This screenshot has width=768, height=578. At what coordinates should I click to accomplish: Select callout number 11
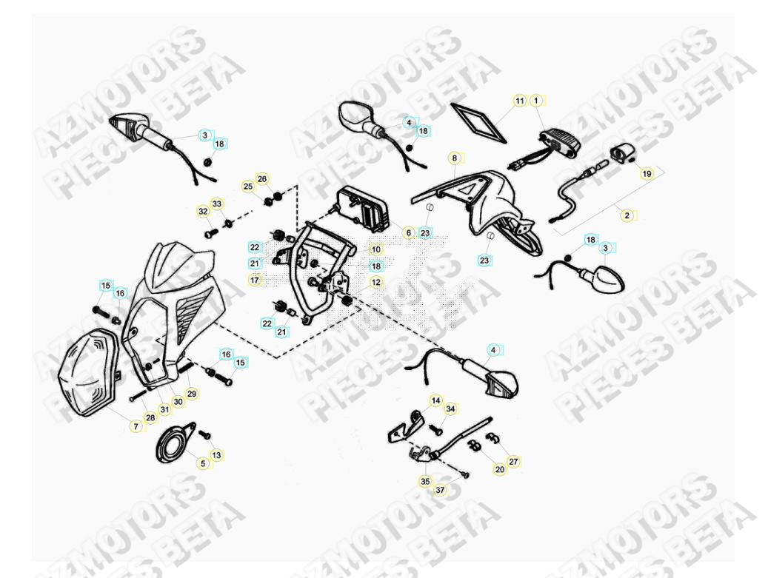pyautogui.click(x=519, y=100)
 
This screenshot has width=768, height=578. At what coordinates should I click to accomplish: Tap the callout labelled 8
pyautogui.click(x=454, y=158)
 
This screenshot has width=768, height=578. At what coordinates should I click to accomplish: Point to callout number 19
pyautogui.click(x=647, y=174)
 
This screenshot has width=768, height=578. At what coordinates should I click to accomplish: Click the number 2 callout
pyautogui.click(x=627, y=215)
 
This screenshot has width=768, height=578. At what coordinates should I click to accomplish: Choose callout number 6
pyautogui.click(x=408, y=232)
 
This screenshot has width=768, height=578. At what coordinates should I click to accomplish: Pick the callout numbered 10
pyautogui.click(x=375, y=250)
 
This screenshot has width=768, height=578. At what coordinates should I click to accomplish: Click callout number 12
pyautogui.click(x=375, y=282)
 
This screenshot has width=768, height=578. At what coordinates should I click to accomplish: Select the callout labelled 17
pyautogui.click(x=255, y=280)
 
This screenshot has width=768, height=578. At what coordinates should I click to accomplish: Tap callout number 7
pyautogui.click(x=136, y=426)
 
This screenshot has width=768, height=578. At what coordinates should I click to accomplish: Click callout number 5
pyautogui.click(x=203, y=464)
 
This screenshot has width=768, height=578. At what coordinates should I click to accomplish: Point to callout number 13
pyautogui.click(x=216, y=454)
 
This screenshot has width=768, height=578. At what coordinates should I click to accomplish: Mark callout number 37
pyautogui.click(x=440, y=490)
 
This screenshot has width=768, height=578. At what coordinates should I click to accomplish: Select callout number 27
pyautogui.click(x=513, y=461)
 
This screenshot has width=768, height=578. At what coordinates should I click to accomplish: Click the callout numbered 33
pyautogui.click(x=216, y=204)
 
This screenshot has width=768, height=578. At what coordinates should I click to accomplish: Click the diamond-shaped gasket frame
pyautogui.click(x=479, y=122)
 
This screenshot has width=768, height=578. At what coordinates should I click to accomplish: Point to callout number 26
pyautogui.click(x=261, y=179)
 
